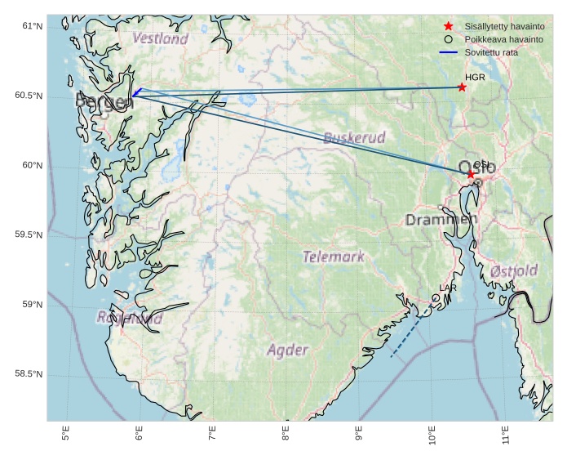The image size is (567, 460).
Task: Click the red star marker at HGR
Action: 462,87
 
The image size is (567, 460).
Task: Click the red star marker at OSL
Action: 471,174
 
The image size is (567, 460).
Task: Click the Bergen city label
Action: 104,101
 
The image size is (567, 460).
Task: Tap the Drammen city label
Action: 441,220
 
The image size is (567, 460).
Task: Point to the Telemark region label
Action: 334,257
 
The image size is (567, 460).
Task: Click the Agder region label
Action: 288,350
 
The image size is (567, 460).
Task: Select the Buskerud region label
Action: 354,137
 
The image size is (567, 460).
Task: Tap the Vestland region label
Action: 160,38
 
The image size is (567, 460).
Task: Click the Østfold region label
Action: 514,270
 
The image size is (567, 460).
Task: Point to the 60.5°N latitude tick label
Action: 29,96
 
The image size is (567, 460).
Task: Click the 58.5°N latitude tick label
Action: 29,374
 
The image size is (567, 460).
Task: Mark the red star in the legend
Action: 448,26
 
